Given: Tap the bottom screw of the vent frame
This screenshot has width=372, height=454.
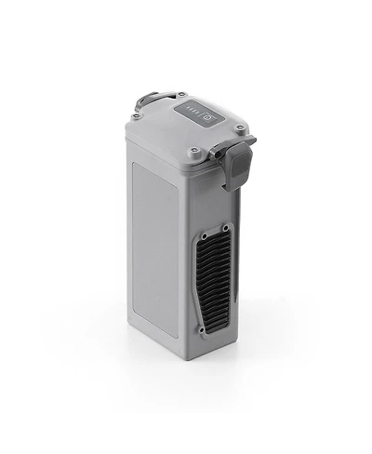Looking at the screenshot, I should tap(201, 329).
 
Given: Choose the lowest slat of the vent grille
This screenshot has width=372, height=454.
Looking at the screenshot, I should tap(210, 321).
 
